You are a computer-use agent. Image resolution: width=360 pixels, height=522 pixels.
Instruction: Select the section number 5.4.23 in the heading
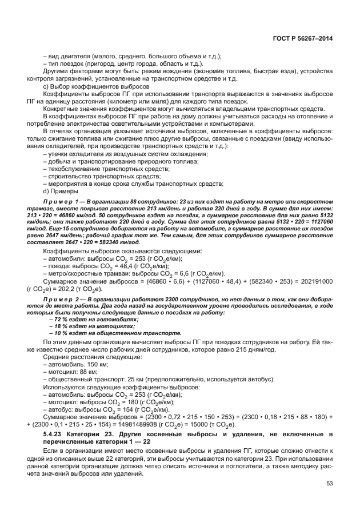[x=55, y=435]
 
